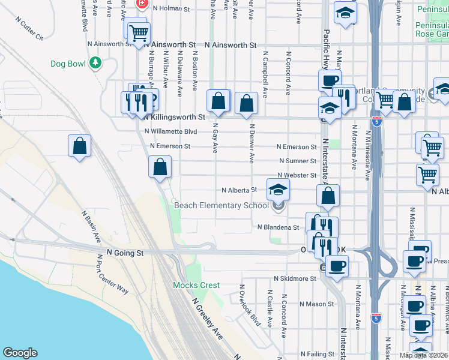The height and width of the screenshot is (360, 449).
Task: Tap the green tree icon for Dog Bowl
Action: (95, 62)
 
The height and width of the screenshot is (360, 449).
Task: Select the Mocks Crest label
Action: (196, 285)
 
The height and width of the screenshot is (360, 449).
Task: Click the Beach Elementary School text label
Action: (221, 206)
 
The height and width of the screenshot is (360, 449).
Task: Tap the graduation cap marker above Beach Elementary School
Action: (278, 190)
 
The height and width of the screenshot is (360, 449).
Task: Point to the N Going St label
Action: (125, 254)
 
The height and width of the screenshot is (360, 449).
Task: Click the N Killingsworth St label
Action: (175, 117)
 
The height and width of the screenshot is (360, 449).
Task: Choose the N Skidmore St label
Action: (294, 279)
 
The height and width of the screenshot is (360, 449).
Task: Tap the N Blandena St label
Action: (278, 228)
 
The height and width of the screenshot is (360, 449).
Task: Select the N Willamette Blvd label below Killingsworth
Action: (170, 131)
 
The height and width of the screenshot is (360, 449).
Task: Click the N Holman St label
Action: (171, 9)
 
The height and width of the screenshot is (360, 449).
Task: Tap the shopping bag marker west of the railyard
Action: (80, 146)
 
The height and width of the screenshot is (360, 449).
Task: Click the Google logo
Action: (20, 353)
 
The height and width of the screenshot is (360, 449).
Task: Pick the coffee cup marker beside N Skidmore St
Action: (336, 265)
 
